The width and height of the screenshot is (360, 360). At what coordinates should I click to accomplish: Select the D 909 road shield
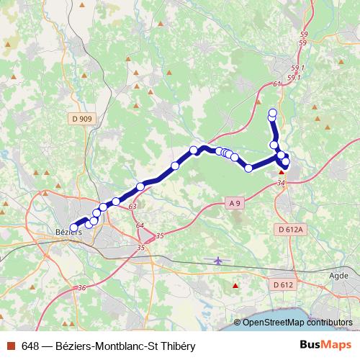coord(83,118)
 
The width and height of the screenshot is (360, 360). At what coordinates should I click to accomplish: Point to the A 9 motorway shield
coord(233,203)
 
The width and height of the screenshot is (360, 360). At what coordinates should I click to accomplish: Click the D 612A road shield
coord(290,229)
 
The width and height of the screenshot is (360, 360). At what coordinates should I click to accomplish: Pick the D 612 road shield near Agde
coord(283,285)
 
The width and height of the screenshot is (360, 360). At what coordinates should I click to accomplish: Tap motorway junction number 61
coord(277,84)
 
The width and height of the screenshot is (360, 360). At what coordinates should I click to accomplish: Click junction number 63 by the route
coord(132,207)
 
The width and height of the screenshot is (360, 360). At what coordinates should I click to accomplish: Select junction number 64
coord(139,225)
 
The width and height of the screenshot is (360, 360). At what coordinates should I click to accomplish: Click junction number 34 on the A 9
coord(281,183)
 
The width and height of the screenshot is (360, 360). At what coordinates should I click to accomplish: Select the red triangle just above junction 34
coord(282,173)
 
